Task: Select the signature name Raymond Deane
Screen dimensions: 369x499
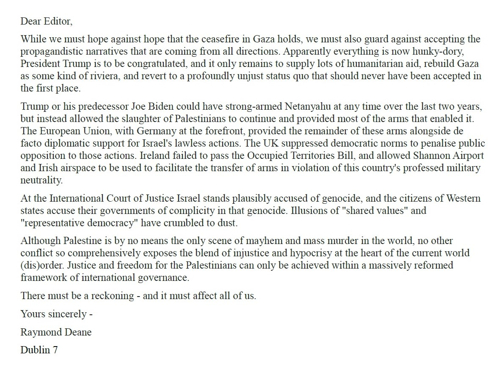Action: [56, 332]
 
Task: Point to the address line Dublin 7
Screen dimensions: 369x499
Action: [39, 350]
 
